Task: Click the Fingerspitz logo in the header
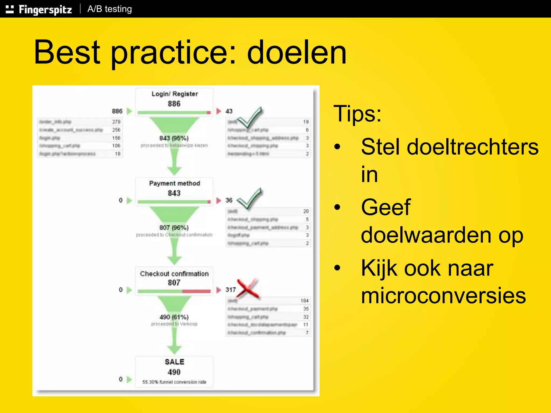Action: tap(39, 9)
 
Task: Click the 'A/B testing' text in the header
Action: tap(110, 9)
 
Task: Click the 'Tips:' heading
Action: tap(357, 113)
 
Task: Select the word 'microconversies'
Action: tap(443, 295)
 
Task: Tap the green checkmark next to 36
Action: tap(249, 199)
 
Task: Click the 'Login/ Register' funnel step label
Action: tap(175, 94)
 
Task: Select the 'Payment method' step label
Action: tap(175, 183)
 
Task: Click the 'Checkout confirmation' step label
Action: tap(174, 274)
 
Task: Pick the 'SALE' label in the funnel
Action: tap(174, 362)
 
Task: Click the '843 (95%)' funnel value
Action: tap(174, 138)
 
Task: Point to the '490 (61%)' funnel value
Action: tap(174, 317)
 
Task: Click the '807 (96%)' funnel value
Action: tap(174, 228)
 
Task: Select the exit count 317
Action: tap(231, 290)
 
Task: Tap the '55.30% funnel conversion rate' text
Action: tap(174, 382)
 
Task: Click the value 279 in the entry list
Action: tap(116, 122)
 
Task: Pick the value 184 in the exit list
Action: tap(305, 301)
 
